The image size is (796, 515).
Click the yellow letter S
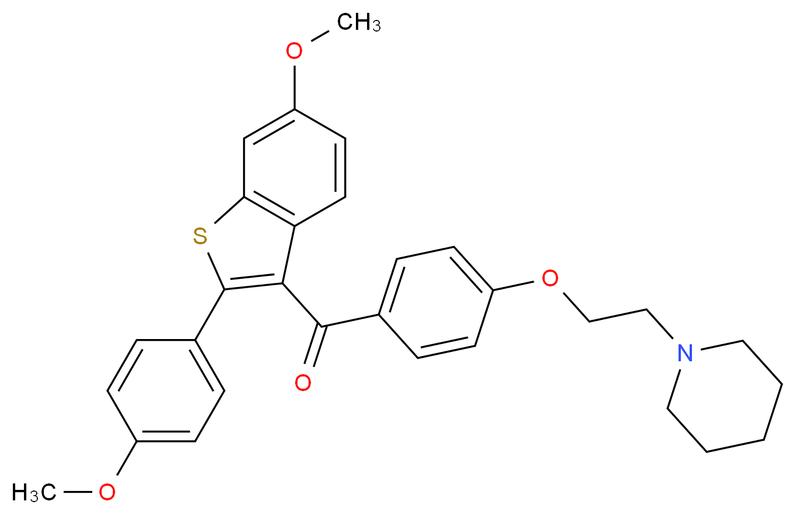200,237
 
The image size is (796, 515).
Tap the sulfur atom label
200,237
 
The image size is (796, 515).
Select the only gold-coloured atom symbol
200,237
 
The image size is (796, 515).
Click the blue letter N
684,353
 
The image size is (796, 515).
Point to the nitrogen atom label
684,353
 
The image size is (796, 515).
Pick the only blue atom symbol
684,353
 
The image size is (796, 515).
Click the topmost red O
293,51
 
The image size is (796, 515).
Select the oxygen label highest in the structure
293,51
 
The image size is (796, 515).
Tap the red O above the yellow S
293,51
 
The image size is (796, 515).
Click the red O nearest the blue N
549,279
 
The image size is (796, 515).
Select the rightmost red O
549,279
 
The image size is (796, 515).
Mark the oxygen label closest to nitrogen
549,279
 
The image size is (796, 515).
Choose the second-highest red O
549,279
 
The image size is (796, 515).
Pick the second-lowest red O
302,383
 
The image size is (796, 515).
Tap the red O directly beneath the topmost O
302,383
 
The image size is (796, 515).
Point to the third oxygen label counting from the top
302,383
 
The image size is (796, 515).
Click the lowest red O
106,492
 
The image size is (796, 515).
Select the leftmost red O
106,492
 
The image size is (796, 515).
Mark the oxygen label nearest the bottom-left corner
106,492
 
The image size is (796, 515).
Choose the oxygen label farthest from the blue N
106,492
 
